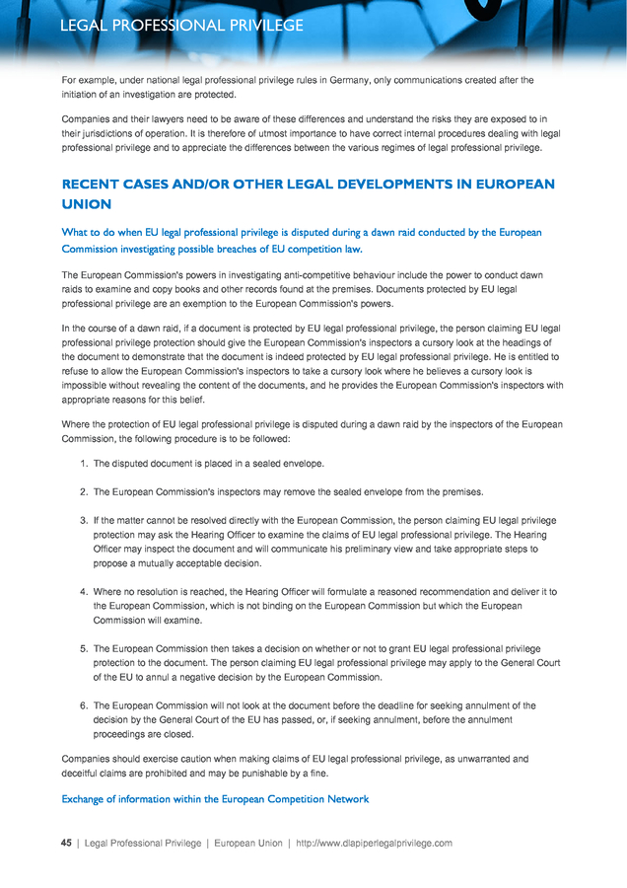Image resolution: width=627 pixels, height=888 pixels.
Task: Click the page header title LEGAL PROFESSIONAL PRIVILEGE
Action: point(181,26)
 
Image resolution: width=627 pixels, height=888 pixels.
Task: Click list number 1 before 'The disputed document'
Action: point(84,463)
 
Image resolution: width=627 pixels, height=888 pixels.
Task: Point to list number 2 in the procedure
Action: point(84,491)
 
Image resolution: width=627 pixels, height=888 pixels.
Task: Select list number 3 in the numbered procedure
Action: point(84,520)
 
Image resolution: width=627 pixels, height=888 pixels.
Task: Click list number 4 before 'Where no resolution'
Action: point(84,592)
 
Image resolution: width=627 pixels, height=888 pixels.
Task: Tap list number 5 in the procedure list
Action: point(84,649)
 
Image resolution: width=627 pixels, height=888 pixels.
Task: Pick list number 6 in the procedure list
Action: point(84,706)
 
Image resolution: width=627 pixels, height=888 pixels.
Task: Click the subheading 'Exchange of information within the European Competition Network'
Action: point(215,798)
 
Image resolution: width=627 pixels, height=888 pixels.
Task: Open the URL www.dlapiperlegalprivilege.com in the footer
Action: point(376,844)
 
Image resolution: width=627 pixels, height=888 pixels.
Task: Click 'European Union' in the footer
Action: point(248,844)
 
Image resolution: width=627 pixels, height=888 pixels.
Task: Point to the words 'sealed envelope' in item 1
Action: point(278,463)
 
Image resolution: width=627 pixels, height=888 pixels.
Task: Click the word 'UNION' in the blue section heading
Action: point(87,204)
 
